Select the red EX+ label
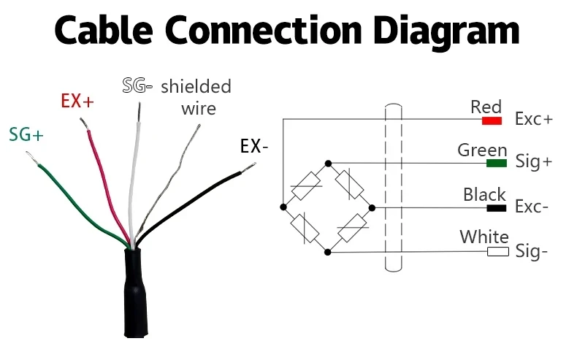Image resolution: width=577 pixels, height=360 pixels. click(x=77, y=102)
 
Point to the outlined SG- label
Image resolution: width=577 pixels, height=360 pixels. click(x=137, y=86)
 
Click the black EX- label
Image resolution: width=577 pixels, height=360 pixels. click(x=254, y=146)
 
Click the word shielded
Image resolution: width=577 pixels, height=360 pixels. click(x=196, y=87)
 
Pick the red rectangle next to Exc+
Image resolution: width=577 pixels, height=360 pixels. click(x=492, y=119)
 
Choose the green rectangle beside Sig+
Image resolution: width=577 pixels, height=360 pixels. click(x=497, y=162)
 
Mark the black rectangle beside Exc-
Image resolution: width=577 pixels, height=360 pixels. click(x=497, y=207)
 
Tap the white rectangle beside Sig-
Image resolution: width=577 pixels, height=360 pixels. click(x=497, y=252)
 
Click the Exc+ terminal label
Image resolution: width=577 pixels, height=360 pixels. click(x=534, y=119)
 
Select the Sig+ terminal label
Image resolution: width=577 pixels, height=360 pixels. click(x=533, y=162)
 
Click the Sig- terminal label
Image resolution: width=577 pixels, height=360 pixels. click(x=532, y=252)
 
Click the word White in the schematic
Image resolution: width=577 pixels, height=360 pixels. click(x=484, y=237)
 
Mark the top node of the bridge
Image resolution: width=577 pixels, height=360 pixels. click(x=328, y=163)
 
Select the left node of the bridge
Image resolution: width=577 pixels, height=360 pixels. click(x=283, y=207)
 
